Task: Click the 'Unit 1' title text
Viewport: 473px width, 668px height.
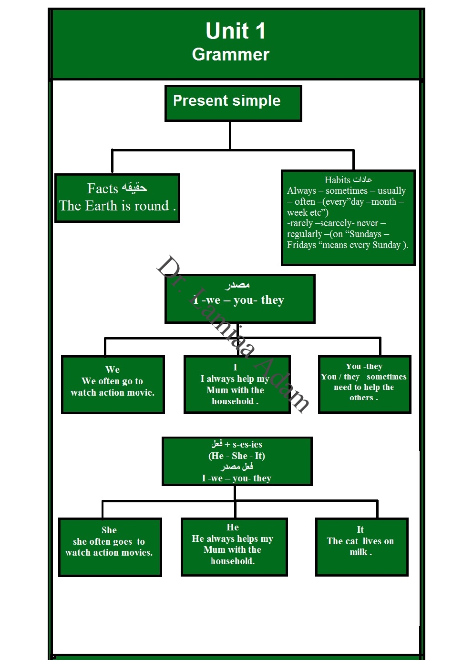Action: point(235,31)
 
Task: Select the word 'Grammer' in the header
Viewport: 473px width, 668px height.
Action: point(230,55)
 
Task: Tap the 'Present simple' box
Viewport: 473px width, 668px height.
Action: point(233,103)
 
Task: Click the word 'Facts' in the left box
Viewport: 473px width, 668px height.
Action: point(103,189)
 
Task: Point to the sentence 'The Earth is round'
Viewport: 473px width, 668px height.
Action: point(114,206)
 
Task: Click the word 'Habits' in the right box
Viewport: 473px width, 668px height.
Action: point(338,179)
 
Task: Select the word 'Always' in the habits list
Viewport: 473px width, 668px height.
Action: point(301,191)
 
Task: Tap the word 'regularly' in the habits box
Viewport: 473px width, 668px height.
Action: point(304,234)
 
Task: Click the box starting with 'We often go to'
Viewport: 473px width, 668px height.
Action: point(113,384)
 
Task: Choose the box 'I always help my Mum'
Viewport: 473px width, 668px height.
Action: point(236,384)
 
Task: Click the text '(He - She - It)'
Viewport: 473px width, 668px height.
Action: point(236,456)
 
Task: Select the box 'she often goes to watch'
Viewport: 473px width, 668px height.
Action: point(110,547)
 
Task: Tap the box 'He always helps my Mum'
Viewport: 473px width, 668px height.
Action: point(234,547)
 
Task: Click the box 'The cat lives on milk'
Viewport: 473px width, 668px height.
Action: point(361,547)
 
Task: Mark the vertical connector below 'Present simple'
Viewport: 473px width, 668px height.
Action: point(230,135)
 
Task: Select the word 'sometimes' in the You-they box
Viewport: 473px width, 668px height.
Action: point(386,377)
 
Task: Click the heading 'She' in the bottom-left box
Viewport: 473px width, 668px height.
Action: point(109,530)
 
